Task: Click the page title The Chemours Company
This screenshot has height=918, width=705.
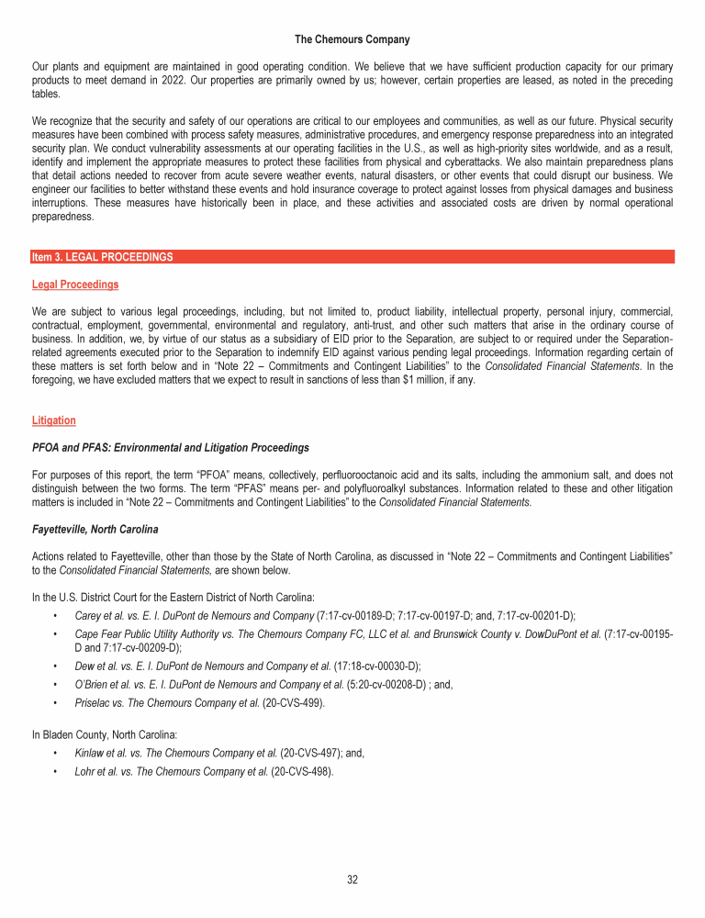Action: point(352,39)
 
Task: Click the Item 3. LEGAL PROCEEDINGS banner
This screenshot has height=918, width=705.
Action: point(102,257)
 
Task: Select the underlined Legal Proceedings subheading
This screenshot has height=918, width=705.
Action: point(74,285)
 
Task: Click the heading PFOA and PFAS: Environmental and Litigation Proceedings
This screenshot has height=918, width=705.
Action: point(170,448)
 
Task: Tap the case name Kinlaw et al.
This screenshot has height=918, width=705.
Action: point(98,752)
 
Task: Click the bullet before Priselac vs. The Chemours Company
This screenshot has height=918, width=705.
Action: point(58,700)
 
